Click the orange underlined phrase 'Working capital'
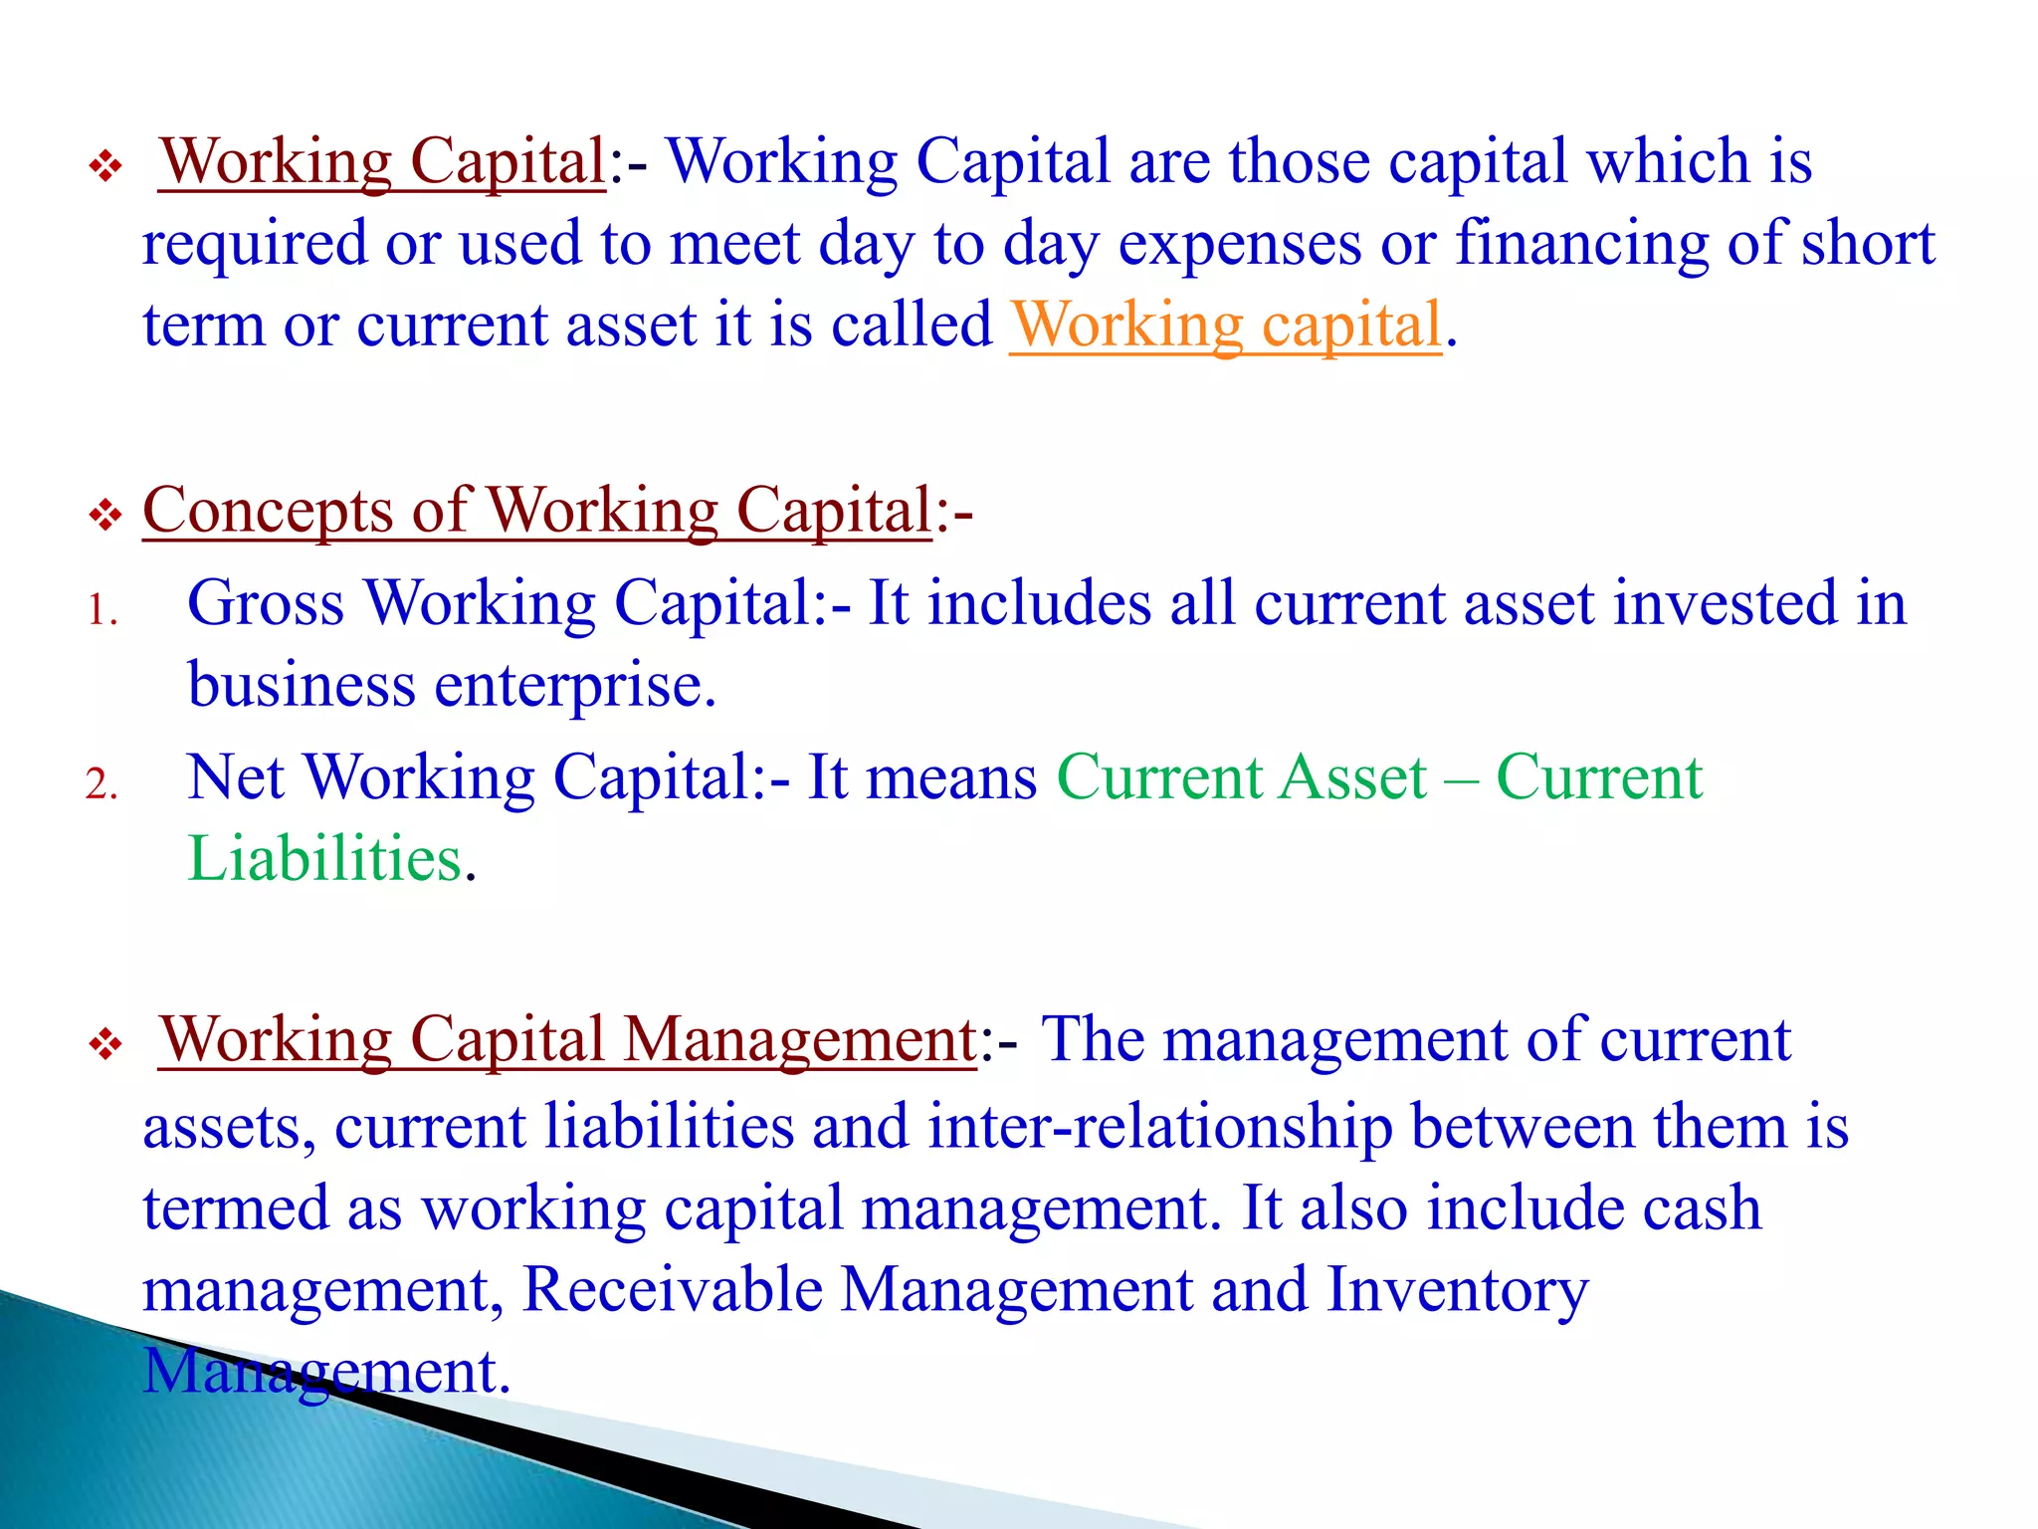point(1226,325)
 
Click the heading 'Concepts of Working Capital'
point(537,511)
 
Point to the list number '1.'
point(102,610)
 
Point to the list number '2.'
point(102,784)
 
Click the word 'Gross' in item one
point(266,603)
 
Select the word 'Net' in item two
point(236,777)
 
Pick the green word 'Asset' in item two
point(1353,777)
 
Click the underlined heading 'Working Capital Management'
point(568,1040)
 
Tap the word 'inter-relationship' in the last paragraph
point(1160,1127)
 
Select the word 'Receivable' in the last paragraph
point(673,1290)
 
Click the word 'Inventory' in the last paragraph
point(1458,1290)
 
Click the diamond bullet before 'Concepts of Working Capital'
point(104,516)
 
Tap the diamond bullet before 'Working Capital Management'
point(104,1045)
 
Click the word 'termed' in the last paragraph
point(236,1208)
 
